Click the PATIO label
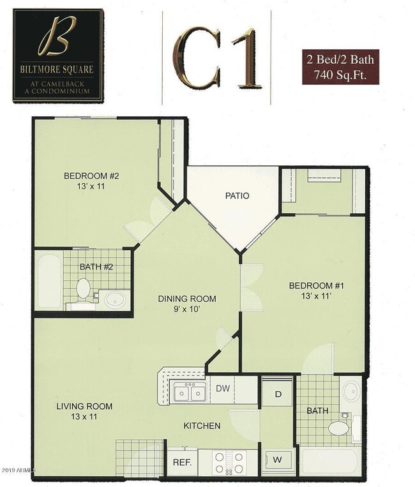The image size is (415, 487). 236,196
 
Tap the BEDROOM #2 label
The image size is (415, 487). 89,177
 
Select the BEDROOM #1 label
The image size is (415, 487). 312,285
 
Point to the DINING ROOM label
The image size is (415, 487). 188,298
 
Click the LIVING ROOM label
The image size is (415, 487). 85,407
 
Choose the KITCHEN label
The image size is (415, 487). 202,426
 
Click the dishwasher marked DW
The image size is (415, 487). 223,387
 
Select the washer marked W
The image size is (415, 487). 278,458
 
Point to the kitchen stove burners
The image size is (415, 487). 228,462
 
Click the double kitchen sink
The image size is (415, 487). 190,393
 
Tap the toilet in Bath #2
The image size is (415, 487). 82,289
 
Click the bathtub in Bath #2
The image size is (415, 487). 49,283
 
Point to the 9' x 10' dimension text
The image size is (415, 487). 187,310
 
